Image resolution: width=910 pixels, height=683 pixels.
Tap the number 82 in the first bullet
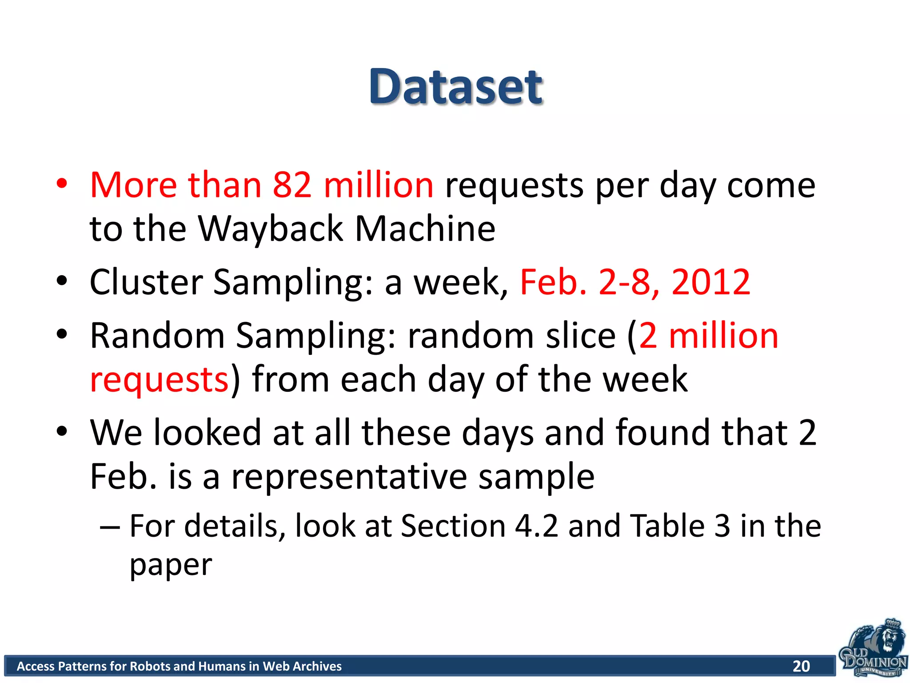click(292, 185)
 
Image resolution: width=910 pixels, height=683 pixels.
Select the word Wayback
click(271, 229)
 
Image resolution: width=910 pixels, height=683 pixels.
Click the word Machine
click(425, 229)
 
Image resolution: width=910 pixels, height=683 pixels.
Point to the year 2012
click(710, 282)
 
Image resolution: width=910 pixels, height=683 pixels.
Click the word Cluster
click(146, 282)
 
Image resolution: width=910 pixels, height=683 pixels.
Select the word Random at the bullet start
click(157, 335)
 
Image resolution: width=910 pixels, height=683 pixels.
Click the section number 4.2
click(536, 526)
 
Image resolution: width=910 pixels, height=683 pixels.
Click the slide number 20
click(801, 666)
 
